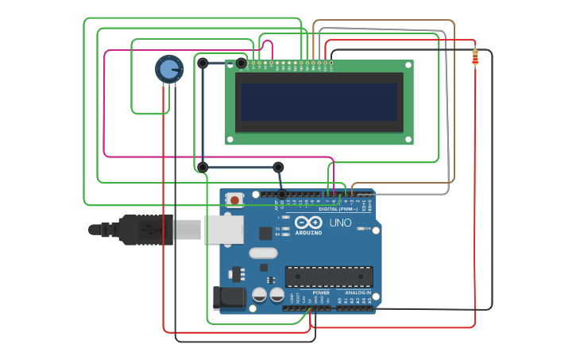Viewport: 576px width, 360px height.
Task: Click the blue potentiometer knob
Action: pos(168,69)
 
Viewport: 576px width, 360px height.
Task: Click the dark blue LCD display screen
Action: pos(319,102)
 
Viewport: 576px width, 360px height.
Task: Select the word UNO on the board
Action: pos(340,223)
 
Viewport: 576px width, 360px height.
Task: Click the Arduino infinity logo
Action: pos(308,223)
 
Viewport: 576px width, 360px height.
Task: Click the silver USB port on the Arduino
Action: pos(223,229)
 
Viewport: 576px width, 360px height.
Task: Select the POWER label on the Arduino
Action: pos(321,292)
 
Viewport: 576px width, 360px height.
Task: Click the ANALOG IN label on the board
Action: pos(358,292)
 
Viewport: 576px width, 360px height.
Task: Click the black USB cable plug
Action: pos(146,229)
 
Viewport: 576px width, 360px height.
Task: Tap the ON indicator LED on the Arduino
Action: pos(360,229)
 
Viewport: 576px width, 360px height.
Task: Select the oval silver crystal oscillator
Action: pos(263,254)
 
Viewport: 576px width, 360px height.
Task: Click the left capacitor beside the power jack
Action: pos(259,295)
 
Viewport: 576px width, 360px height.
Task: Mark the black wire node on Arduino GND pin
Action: pos(281,194)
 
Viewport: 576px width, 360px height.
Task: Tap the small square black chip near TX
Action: pos(265,233)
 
